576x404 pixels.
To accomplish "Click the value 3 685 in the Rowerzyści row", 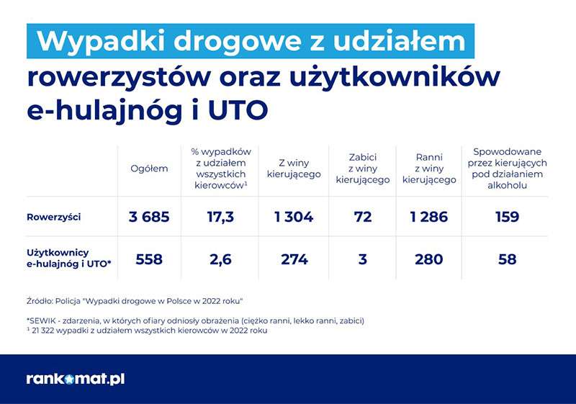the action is point(149,217).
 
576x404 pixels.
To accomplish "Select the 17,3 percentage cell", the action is point(220,217).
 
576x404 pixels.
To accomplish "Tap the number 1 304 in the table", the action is point(294,217).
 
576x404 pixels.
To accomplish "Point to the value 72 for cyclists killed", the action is point(363,217).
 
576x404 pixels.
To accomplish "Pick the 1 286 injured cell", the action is point(429,217).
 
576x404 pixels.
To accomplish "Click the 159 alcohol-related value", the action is point(507,217).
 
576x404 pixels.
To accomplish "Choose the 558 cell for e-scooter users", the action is point(149,259).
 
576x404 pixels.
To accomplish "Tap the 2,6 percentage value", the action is point(220,259).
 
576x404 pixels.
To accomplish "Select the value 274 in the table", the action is point(294,259).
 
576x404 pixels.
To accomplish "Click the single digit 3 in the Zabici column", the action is point(363,259).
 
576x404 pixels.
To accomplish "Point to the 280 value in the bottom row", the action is point(429,259).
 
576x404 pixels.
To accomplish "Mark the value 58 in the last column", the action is point(508,259).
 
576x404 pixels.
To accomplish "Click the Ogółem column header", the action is point(149,169).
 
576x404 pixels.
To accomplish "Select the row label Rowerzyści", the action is point(53,217).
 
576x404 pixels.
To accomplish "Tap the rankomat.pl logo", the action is point(76,379).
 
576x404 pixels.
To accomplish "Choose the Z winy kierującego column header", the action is point(294,169).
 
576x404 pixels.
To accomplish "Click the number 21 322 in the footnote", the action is point(43,330).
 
